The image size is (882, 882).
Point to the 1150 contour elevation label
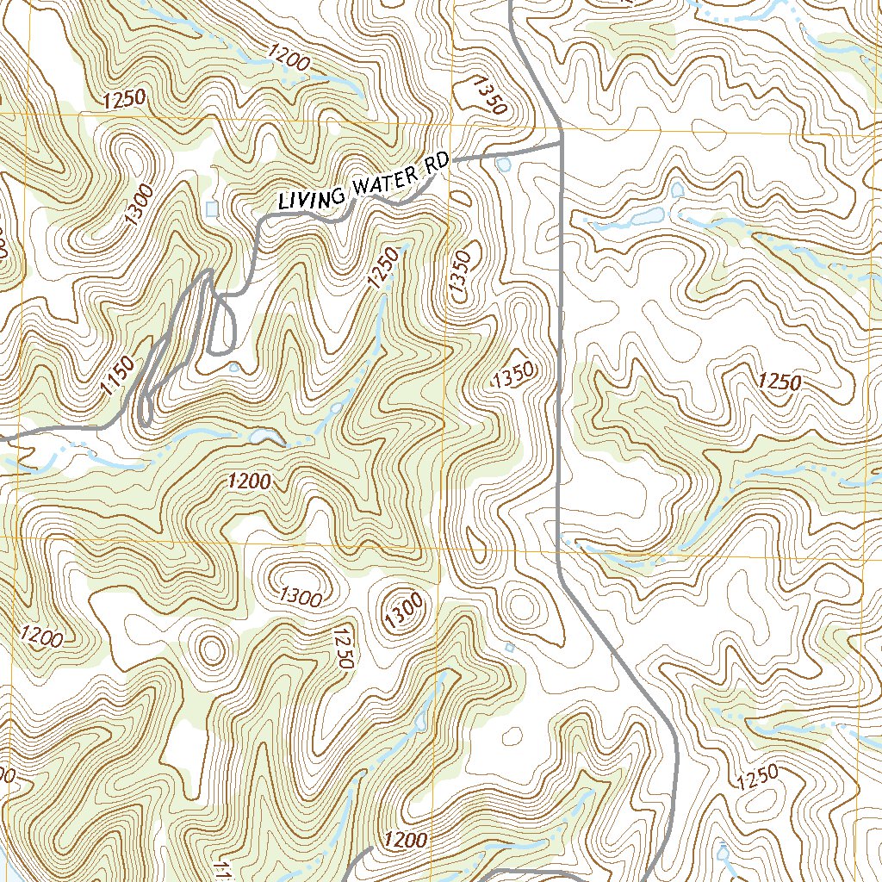(x=117, y=376)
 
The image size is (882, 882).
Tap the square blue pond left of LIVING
(x=213, y=208)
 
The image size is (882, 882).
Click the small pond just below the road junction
(x=504, y=163)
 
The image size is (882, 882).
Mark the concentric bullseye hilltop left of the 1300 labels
(x=211, y=647)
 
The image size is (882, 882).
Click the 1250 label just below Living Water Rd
(x=384, y=268)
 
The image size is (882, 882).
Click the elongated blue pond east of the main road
(x=646, y=217)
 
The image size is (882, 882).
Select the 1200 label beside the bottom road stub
(x=407, y=839)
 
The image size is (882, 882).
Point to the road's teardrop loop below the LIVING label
(x=222, y=326)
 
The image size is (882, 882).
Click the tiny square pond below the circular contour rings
(x=510, y=647)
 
